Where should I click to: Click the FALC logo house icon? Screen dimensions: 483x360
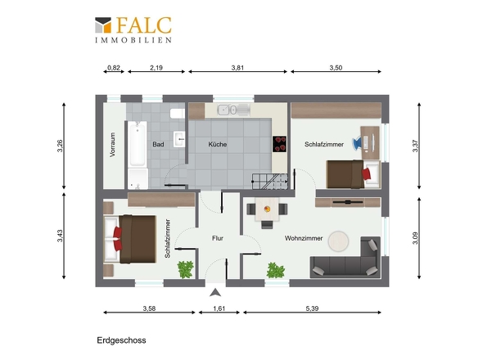103,25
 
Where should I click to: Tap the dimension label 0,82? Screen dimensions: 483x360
114,68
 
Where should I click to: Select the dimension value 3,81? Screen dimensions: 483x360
237,68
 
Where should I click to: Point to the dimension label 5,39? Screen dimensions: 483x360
312,308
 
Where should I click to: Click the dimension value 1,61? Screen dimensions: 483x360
219,308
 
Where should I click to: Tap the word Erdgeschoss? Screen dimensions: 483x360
121,340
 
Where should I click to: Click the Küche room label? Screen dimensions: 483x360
218,144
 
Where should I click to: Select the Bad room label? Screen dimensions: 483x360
158,144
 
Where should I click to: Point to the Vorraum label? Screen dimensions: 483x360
112,145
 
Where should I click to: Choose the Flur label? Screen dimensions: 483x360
218,238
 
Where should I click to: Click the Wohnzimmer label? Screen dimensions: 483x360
304,238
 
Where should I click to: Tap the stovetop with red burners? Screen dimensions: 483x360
279,144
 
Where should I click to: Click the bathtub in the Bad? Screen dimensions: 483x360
138,144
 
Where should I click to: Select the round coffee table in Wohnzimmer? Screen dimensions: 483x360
338,241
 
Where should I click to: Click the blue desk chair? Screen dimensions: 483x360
357,143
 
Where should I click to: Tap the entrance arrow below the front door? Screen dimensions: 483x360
215,293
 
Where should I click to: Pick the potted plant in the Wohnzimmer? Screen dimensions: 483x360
275,270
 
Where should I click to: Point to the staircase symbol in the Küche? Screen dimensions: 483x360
270,182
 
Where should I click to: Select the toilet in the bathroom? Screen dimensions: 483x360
178,114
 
